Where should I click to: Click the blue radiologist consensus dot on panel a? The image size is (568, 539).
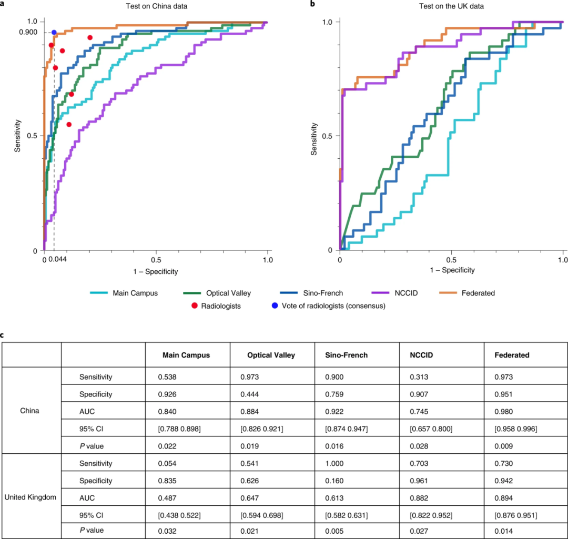54,33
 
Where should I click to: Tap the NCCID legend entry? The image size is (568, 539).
407,293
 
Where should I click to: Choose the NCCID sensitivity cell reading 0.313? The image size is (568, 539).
419,377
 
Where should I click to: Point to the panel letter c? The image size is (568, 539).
3,334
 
